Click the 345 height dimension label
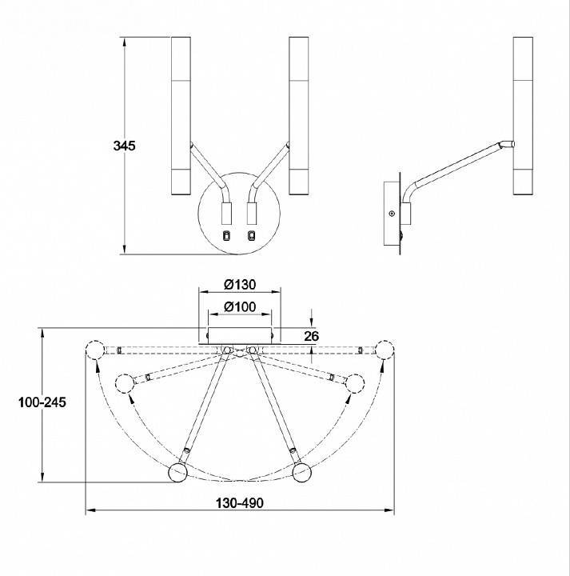pyautogui.click(x=124, y=146)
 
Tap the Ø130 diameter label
pyautogui.click(x=240, y=284)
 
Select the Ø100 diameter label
pyautogui.click(x=240, y=306)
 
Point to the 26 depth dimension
pyautogui.click(x=312, y=336)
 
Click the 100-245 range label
pyautogui.click(x=42, y=402)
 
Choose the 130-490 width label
pyautogui.click(x=239, y=503)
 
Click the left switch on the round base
pyautogui.click(x=227, y=235)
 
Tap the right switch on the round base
pyautogui.click(x=251, y=235)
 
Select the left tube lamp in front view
pyautogui.click(x=181, y=116)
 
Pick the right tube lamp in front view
pyautogui.click(x=298, y=116)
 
